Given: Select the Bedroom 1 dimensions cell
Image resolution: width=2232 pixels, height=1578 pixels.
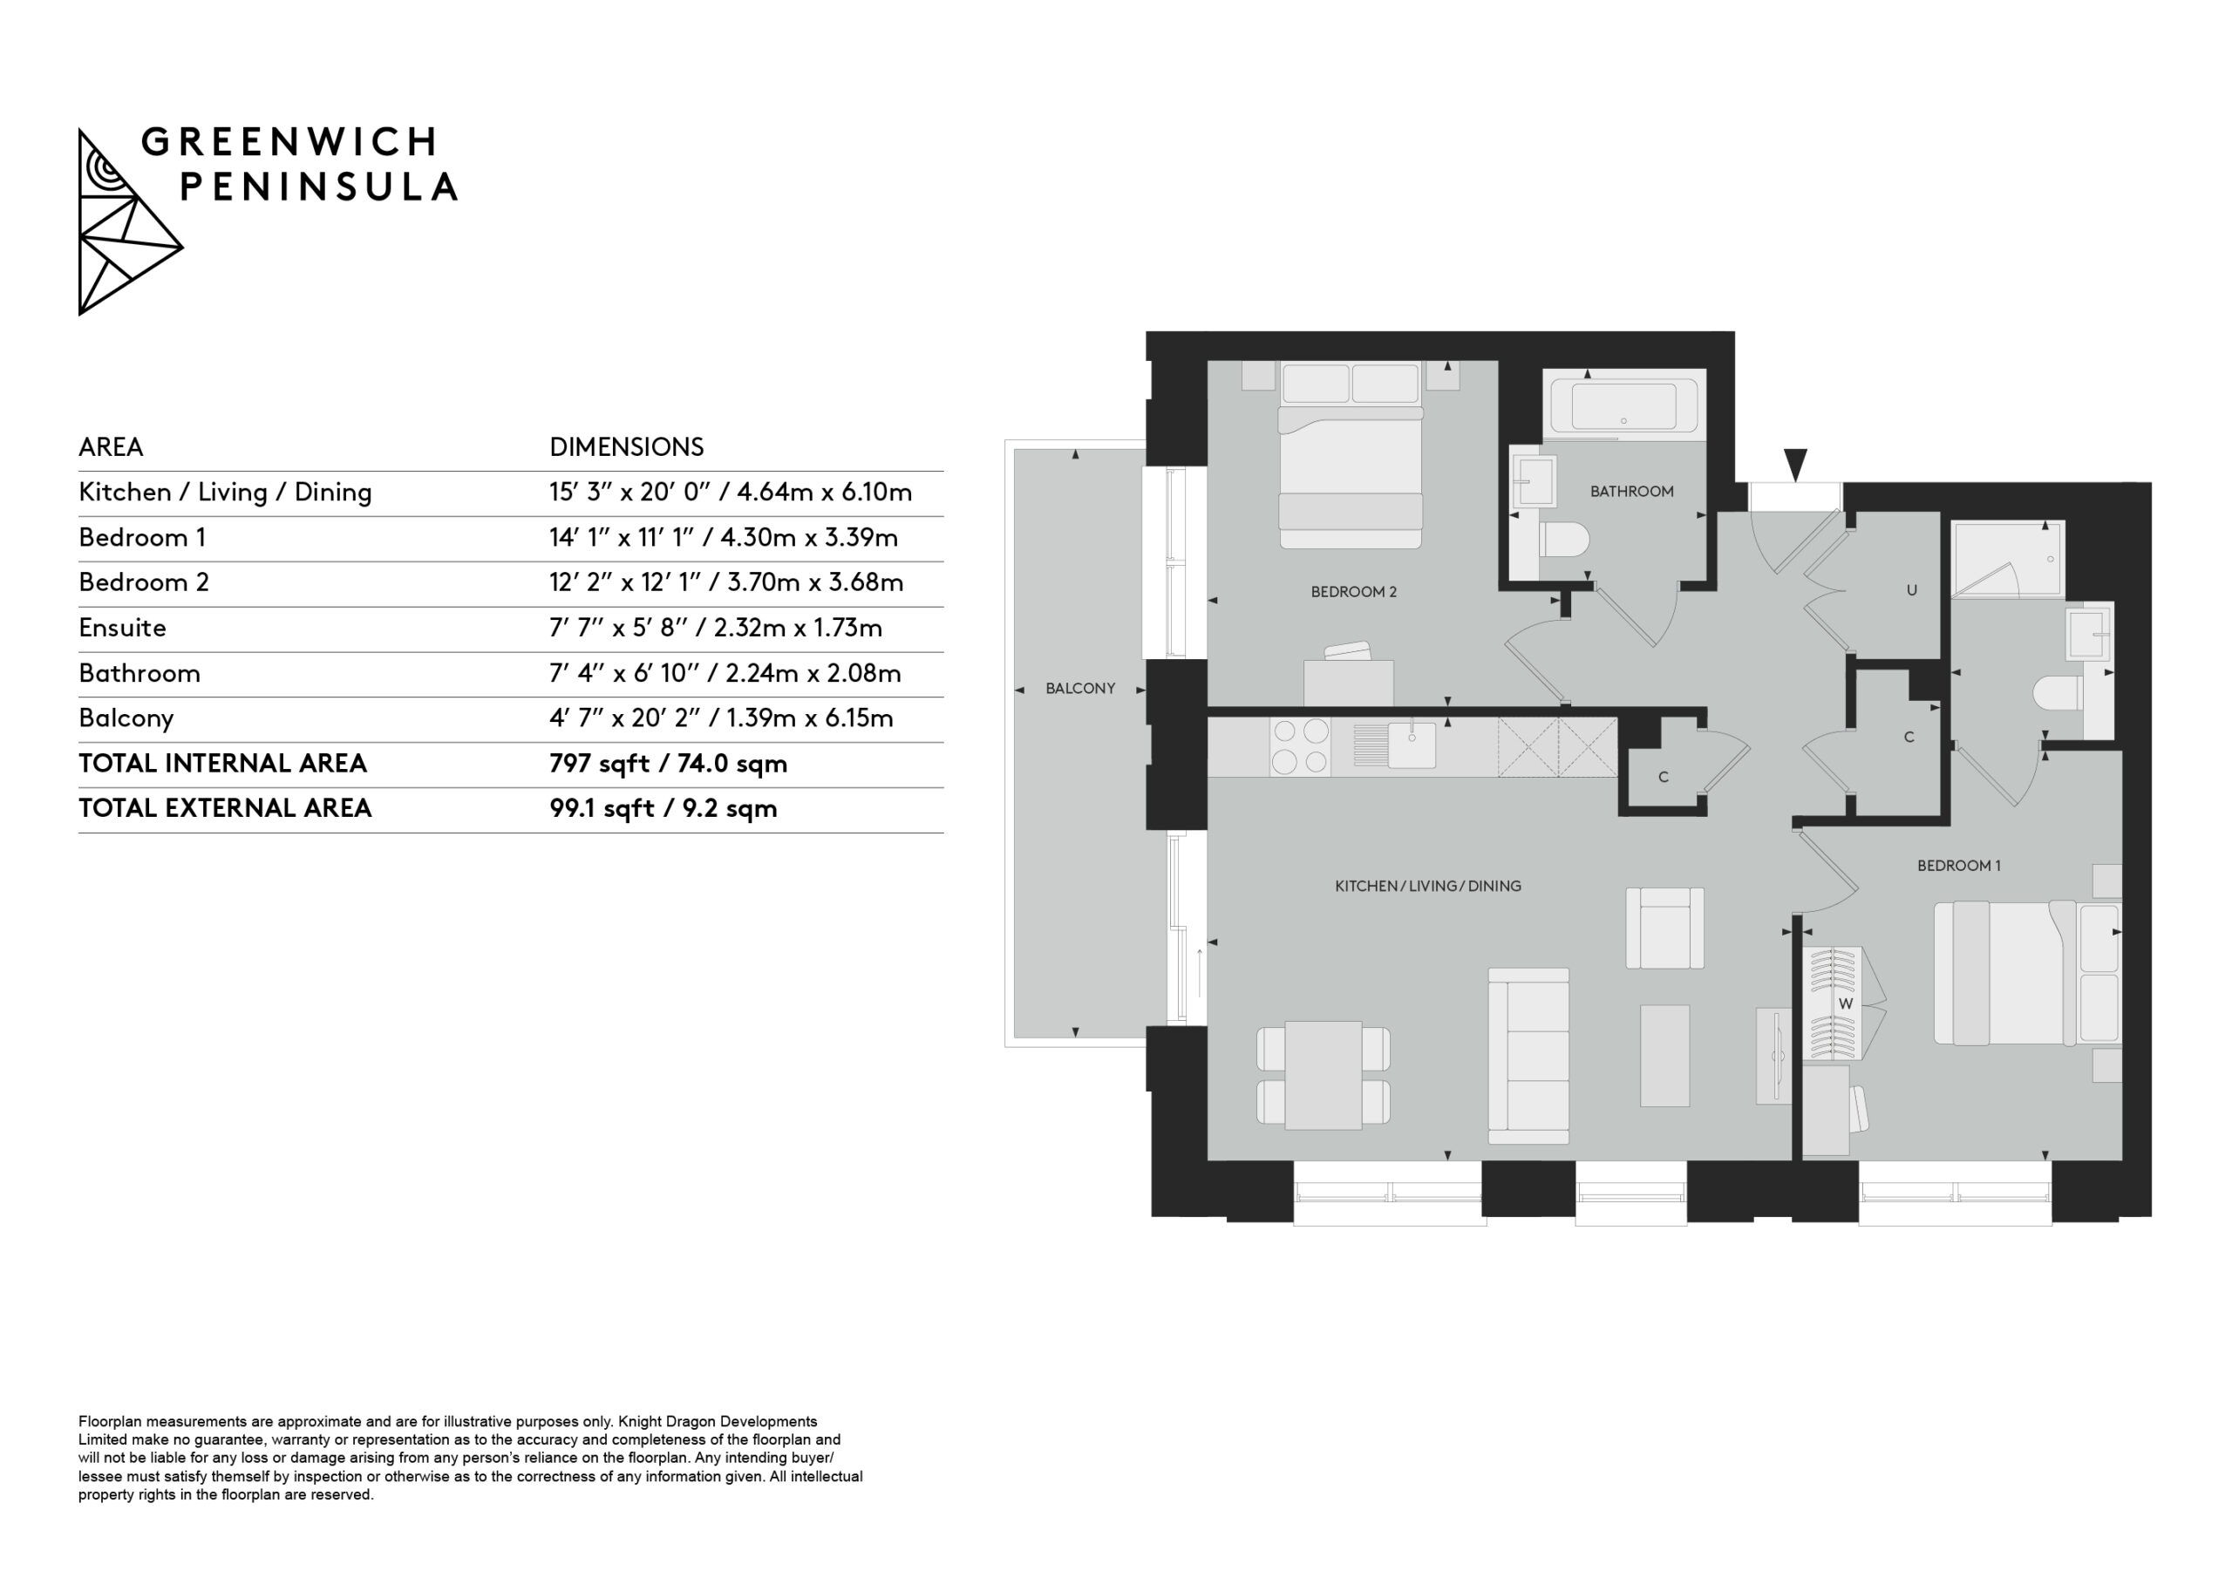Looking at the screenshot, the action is pyautogui.click(x=724, y=538).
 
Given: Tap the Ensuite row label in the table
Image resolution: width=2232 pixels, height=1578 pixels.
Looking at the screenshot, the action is pyautogui.click(x=122, y=628).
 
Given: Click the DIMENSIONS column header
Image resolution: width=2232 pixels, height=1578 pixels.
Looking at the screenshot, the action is pyautogui.click(x=626, y=447).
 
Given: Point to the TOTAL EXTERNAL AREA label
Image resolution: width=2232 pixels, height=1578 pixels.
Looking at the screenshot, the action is pyautogui.click(x=225, y=809).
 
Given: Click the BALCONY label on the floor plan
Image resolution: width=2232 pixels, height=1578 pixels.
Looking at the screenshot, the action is pyautogui.click(x=1080, y=689).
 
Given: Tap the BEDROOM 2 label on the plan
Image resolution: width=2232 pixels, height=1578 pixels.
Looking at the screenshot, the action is pyautogui.click(x=1353, y=592).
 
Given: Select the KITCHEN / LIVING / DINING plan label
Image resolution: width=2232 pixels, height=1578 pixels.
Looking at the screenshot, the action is pyautogui.click(x=1428, y=886).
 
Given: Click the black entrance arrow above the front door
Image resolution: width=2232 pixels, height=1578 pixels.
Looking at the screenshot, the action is pyautogui.click(x=1795, y=465).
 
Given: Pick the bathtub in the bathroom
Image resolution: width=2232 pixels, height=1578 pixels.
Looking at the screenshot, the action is pyautogui.click(x=1623, y=405).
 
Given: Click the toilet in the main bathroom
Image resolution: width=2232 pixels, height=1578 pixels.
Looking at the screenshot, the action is pyautogui.click(x=1563, y=539).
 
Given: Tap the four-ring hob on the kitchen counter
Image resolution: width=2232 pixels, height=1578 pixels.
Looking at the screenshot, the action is pyautogui.click(x=1300, y=746).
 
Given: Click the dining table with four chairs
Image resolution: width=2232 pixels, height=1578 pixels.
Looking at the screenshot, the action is pyautogui.click(x=1323, y=1075).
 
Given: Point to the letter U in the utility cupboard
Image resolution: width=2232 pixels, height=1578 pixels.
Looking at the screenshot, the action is pyautogui.click(x=1911, y=590).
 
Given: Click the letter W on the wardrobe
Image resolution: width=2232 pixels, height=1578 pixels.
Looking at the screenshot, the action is pyautogui.click(x=1845, y=1003).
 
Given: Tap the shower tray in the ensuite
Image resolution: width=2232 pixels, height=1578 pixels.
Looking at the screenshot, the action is pyautogui.click(x=2007, y=559).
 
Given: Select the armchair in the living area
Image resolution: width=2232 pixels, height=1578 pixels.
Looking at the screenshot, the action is pyautogui.click(x=1664, y=928).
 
